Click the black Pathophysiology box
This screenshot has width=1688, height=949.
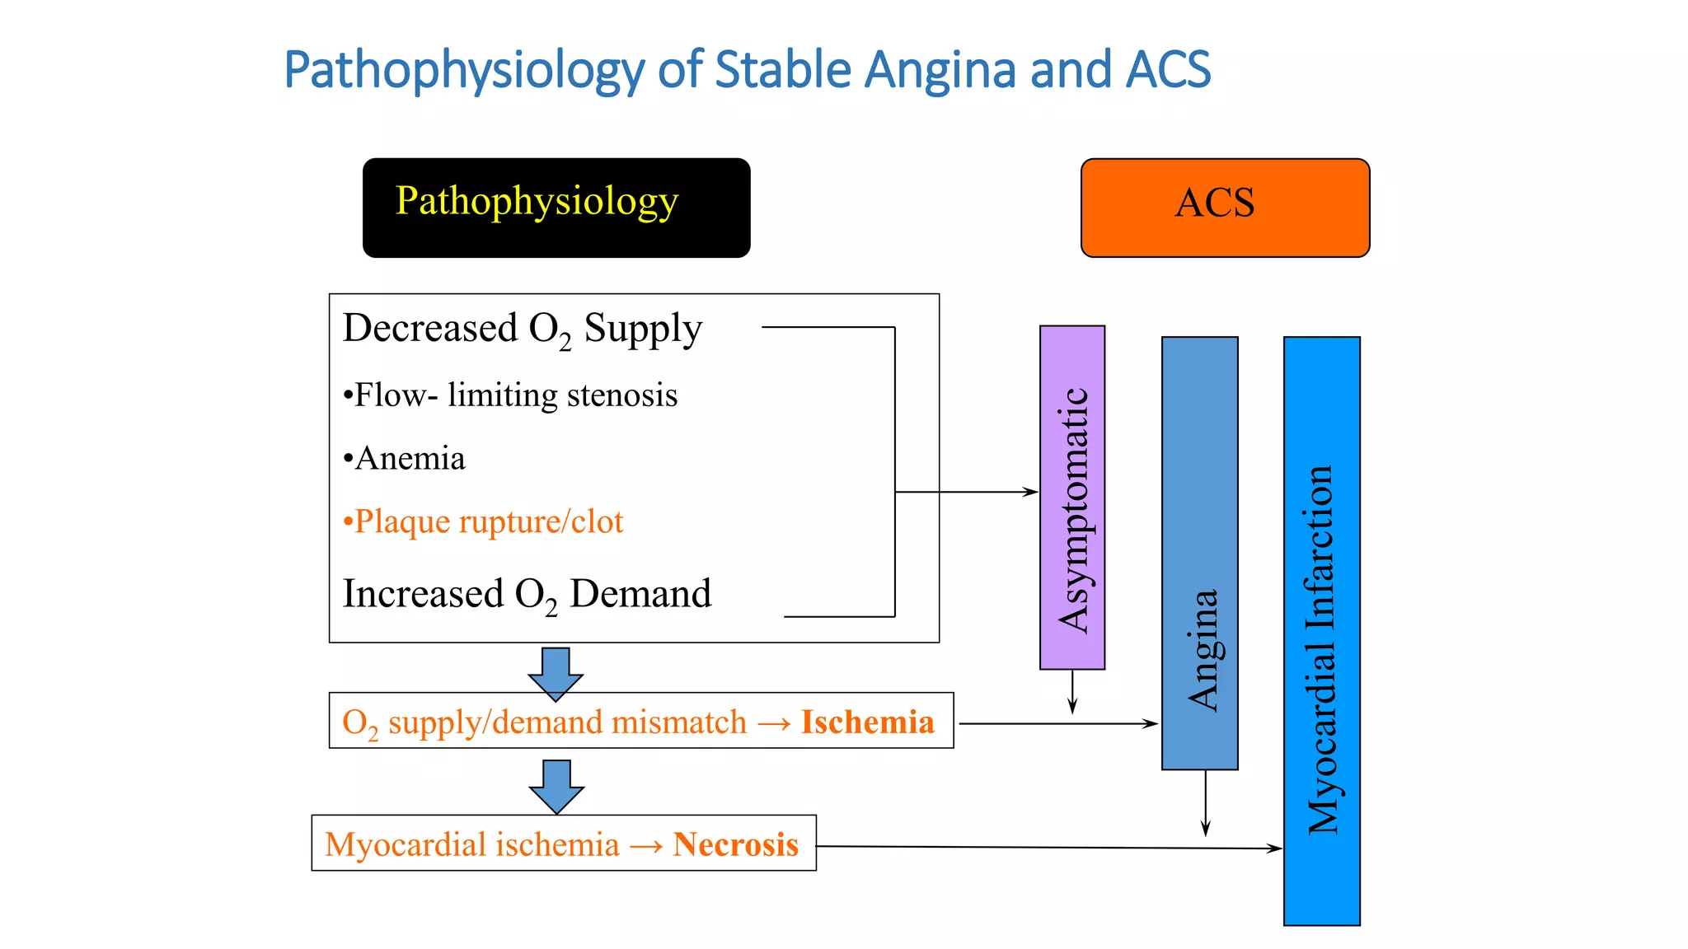point(556,208)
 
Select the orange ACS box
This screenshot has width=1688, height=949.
point(1225,208)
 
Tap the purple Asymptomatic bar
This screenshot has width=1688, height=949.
point(1072,498)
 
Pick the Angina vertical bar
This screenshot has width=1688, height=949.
point(1200,553)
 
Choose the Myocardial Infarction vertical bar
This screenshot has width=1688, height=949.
point(1322,630)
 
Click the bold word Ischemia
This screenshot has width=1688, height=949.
point(868,722)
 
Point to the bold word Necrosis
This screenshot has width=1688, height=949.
point(735,844)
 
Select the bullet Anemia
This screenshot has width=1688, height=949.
point(405,459)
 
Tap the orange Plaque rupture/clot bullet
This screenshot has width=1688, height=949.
point(483,521)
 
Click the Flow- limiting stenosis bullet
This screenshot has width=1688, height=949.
point(510,395)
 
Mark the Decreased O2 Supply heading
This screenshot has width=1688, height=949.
point(523,329)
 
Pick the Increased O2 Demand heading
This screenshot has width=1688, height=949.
point(527,594)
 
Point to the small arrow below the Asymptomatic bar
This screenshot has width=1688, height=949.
point(1072,692)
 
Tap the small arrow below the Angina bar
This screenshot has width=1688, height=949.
point(1205,803)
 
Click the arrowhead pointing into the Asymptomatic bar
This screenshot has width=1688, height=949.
point(1030,492)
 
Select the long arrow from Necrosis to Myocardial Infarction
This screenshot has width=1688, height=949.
point(1047,847)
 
